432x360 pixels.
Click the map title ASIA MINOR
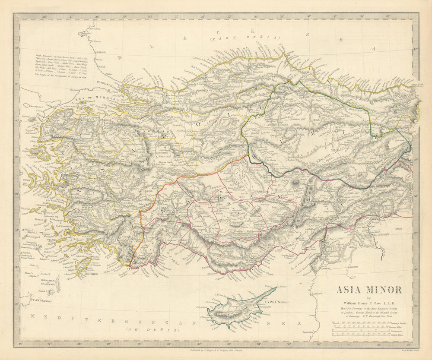pyautogui.click(x=369, y=290)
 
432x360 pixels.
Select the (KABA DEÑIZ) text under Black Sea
pyautogui.click(x=245, y=38)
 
